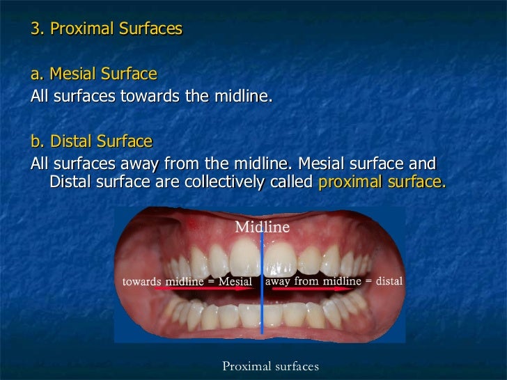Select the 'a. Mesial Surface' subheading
pyautogui.click(x=94, y=74)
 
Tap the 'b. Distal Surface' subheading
pyautogui.click(x=91, y=142)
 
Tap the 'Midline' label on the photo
pyautogui.click(x=262, y=227)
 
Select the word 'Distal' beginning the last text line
pyautogui.click(x=72, y=183)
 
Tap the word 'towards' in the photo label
pyautogui.click(x=143, y=281)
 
